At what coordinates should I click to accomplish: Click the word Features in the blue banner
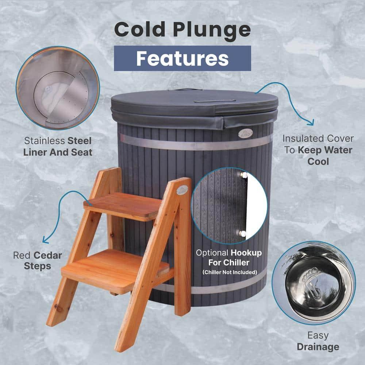tap(182, 58)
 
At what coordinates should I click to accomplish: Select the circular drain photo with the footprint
tap(313, 282)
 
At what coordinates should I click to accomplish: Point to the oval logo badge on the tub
tap(245, 133)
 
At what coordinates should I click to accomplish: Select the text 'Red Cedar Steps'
tap(38, 260)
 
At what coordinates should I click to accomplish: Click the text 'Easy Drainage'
tap(318, 341)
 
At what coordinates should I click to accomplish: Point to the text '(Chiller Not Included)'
tap(230, 272)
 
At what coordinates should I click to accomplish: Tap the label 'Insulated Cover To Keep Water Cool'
tap(317, 150)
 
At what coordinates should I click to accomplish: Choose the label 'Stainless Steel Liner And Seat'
tap(57, 146)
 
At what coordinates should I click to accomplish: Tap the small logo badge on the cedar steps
tap(181, 189)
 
